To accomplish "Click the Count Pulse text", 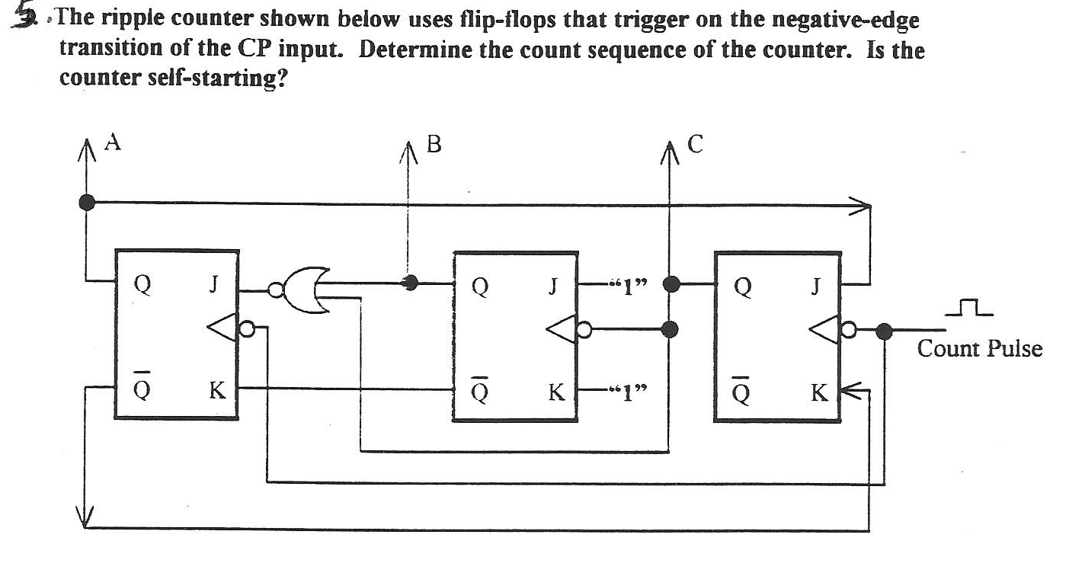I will point(979,350).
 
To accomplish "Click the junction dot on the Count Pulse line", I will point(884,331).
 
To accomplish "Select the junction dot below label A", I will point(88,202).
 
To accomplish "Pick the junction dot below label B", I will point(411,283).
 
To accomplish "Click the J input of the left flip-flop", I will point(216,286).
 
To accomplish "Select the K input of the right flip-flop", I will point(818,393).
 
